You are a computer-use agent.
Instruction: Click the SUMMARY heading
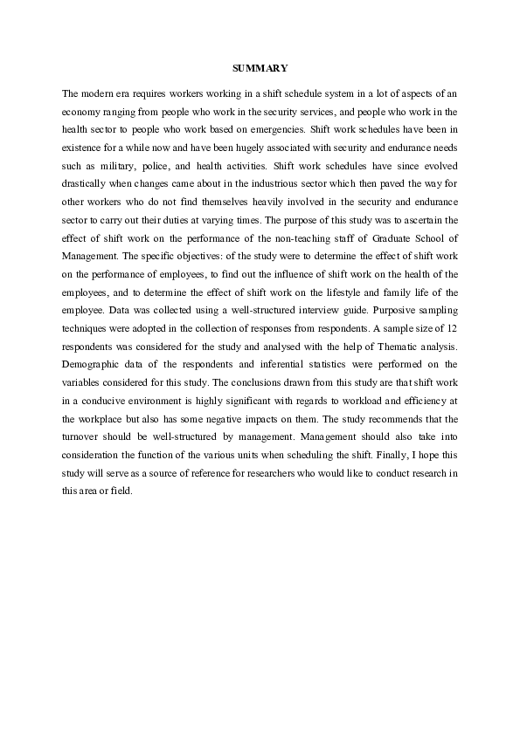click(260, 67)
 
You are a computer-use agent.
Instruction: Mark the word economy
click(80, 110)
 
